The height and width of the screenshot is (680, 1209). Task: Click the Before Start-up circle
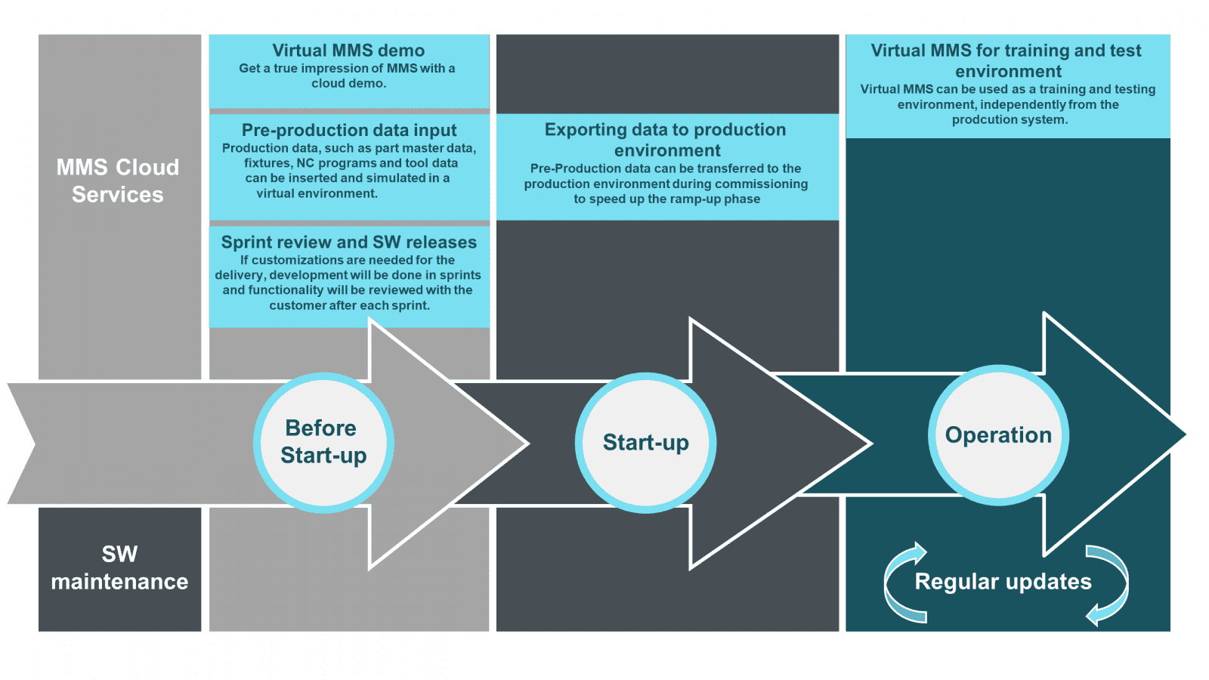click(323, 442)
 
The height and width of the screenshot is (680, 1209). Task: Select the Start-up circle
click(645, 442)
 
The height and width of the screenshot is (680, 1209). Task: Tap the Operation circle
click(998, 435)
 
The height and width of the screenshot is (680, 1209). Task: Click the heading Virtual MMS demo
click(348, 51)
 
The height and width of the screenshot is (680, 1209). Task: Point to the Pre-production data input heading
click(348, 130)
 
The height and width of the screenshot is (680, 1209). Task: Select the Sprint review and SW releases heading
click(348, 242)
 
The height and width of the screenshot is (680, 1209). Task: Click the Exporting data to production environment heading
click(666, 140)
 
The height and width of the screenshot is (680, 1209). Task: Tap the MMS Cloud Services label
click(118, 181)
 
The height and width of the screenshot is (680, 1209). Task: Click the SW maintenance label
click(119, 567)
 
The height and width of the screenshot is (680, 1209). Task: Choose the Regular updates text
click(1003, 581)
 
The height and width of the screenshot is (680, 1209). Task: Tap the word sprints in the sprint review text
click(460, 275)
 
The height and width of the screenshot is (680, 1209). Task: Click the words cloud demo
click(348, 83)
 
